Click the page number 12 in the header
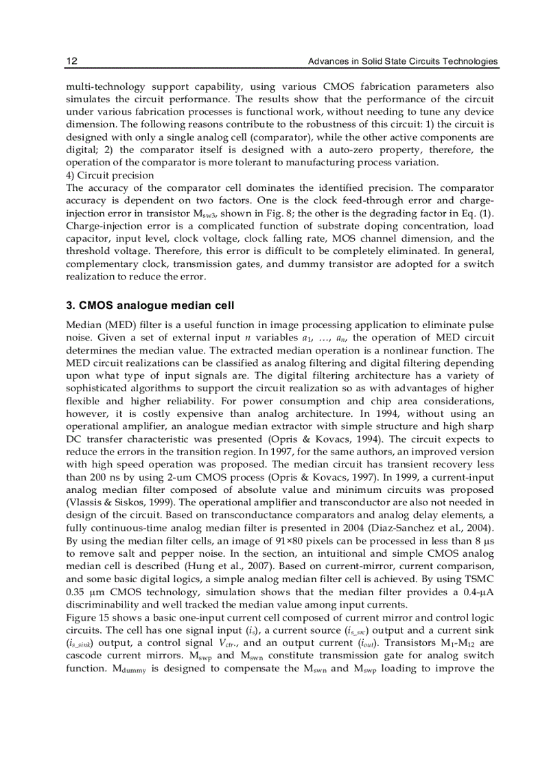(x=71, y=61)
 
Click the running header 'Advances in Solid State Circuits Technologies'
(x=402, y=61)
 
